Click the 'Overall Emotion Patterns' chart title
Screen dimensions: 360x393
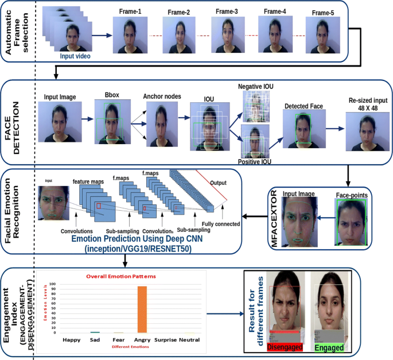[122, 276]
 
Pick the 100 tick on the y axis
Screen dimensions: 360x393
[53, 284]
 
